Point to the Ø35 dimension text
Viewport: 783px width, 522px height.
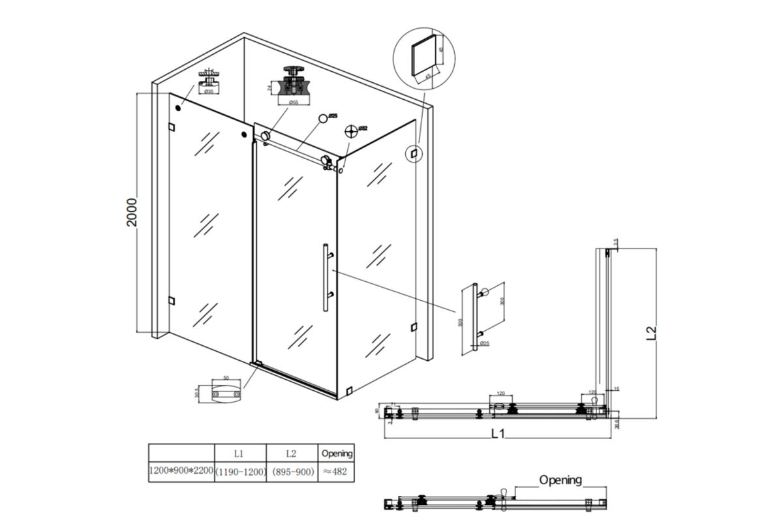coord(208,92)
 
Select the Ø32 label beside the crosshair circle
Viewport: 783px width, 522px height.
coord(363,128)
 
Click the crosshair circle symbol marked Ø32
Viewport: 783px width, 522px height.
coord(352,131)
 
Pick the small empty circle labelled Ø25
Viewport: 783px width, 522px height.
coord(322,118)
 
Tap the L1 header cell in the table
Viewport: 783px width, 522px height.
coord(240,452)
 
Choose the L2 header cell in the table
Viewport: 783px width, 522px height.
coord(292,452)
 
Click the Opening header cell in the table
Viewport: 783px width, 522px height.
coord(337,452)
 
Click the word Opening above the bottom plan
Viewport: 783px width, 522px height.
coord(560,480)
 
